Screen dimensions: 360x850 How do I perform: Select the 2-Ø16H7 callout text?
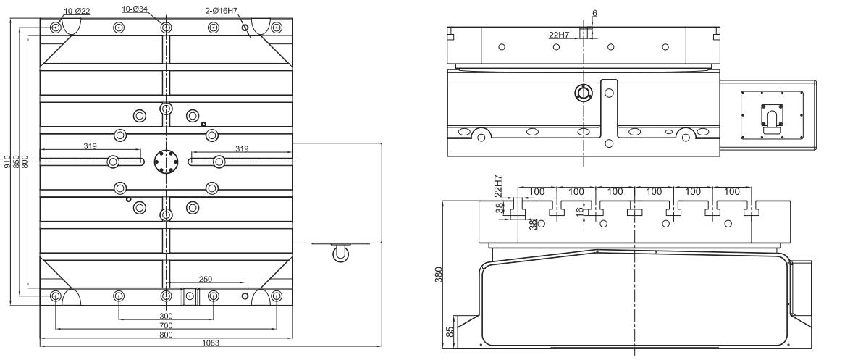(x=224, y=12)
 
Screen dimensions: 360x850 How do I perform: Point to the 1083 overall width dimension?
(x=211, y=343)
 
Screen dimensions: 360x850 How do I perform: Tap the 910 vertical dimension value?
(x=7, y=161)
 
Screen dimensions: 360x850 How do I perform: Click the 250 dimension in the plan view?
(x=206, y=278)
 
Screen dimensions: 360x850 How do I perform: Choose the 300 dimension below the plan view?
(x=166, y=317)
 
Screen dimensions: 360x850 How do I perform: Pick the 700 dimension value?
(x=166, y=326)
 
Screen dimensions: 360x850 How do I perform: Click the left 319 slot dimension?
(x=90, y=147)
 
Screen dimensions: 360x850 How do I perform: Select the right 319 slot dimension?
(x=242, y=148)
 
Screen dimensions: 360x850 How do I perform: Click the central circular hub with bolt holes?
(x=166, y=162)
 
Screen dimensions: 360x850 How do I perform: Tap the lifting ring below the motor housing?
(x=339, y=254)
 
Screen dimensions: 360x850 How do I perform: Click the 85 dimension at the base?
(x=450, y=331)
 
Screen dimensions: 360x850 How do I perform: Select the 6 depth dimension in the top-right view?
(x=595, y=12)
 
